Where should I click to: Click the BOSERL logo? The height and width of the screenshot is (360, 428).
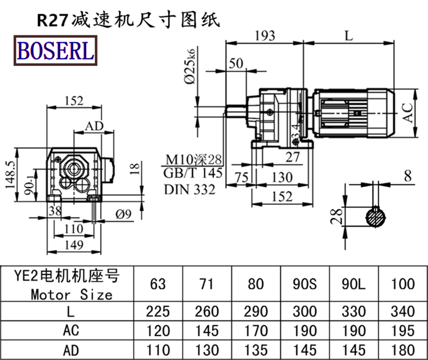pos(56,50)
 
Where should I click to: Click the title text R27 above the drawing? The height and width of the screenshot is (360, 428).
pos(49,20)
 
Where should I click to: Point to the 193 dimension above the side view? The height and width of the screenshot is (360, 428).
pos(265,36)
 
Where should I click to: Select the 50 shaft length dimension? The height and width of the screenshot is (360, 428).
pos(235,63)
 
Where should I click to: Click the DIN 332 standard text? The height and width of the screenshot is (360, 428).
pos(189,189)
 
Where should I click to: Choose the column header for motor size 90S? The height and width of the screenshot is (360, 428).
pos(305,284)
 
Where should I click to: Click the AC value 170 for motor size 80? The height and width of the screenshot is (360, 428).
pos(256,331)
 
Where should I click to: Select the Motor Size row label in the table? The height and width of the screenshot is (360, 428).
pos(72,295)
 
